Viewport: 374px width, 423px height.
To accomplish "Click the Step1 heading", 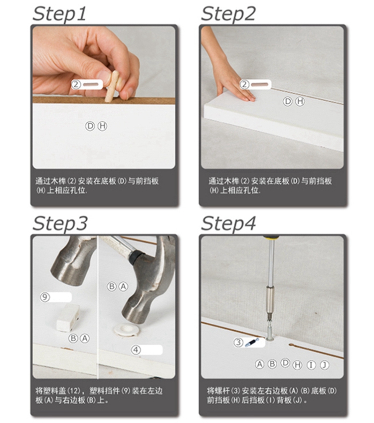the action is pyautogui.click(x=59, y=14).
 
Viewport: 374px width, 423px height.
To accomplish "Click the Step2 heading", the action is pyautogui.click(x=228, y=14).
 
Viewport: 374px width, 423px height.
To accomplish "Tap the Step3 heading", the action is pyautogui.click(x=60, y=223).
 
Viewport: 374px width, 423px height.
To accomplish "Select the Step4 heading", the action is pyautogui.click(x=228, y=223).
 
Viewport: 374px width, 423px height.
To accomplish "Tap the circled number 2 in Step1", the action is pyautogui.click(x=76, y=84).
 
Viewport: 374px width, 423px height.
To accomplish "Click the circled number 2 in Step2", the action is pyautogui.click(x=244, y=84).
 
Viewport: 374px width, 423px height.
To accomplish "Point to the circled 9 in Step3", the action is pyautogui.click(x=45, y=297).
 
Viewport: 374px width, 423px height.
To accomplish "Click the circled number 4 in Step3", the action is pyautogui.click(x=136, y=350).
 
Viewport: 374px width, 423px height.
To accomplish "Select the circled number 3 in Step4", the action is pyautogui.click(x=238, y=342).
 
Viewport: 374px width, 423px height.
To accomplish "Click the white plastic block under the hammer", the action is pyautogui.click(x=68, y=318).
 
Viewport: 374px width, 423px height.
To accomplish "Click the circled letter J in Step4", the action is pyautogui.click(x=325, y=365).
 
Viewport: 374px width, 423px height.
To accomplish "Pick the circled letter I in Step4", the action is pyautogui.click(x=311, y=365).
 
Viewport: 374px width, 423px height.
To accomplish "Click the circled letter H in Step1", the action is pyautogui.click(x=102, y=126).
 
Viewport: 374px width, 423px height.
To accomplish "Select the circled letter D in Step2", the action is pyautogui.click(x=287, y=101).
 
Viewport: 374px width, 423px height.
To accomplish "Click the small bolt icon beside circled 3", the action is pyautogui.click(x=252, y=343).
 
